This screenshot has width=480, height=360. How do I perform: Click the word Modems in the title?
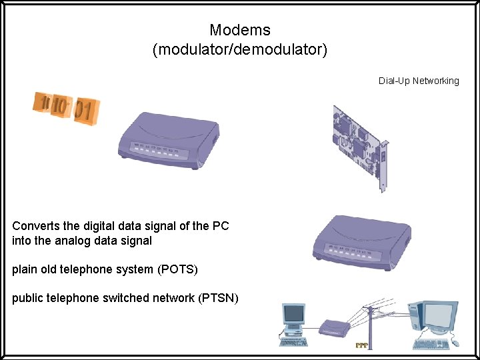click(x=239, y=30)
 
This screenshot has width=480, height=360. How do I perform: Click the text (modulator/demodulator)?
click(x=239, y=50)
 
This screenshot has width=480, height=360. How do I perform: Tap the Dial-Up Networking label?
click(x=419, y=81)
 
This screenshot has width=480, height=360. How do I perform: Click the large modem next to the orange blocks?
click(x=167, y=137)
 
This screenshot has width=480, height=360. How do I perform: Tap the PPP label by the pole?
click(x=361, y=345)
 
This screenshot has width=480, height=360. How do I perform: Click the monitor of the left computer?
click(x=293, y=315)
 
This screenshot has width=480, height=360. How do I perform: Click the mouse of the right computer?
click(x=456, y=343)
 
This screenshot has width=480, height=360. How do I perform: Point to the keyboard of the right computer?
click(x=431, y=344)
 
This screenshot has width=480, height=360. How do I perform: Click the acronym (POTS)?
click(x=177, y=269)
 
